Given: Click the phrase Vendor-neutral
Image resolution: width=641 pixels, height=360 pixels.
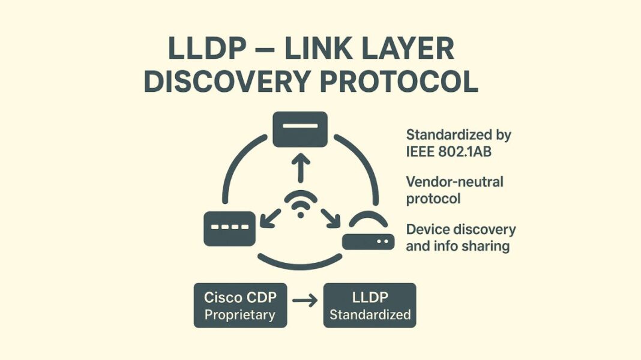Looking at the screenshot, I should (454, 181).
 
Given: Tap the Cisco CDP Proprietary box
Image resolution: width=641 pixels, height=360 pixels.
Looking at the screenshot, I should (240, 305).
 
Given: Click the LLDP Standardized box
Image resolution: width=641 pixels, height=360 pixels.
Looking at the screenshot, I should (369, 305).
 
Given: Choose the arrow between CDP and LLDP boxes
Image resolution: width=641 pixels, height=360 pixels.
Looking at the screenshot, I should (305, 301).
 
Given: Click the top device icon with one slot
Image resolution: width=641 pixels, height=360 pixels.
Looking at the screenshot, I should (300, 129).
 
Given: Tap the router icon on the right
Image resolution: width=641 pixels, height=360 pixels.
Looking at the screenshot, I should (368, 235).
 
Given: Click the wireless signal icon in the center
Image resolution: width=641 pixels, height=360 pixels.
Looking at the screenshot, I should (300, 205).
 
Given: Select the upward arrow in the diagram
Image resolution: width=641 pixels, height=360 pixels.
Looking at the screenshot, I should (300, 169).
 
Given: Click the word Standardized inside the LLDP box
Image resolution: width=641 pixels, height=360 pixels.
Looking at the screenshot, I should (370, 314).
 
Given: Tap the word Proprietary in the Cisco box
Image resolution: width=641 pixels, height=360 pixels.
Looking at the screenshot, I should (239, 314).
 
